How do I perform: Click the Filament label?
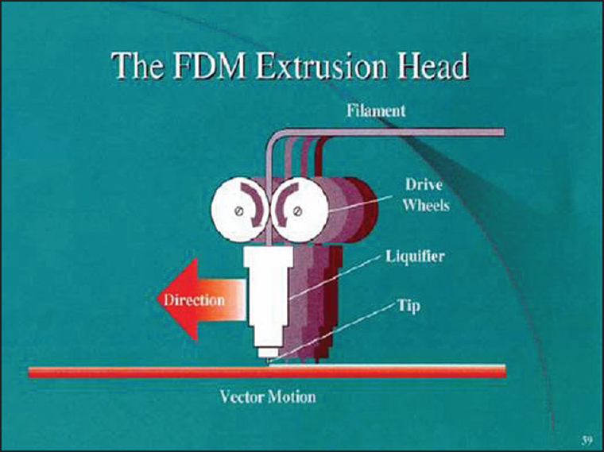[x=375, y=110]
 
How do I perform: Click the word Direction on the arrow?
[x=194, y=300]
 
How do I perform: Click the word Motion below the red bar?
[x=292, y=396]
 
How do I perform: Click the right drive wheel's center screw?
[x=296, y=211]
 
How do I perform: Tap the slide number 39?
[x=586, y=439]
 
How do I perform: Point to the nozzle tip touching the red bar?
[x=269, y=362]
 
